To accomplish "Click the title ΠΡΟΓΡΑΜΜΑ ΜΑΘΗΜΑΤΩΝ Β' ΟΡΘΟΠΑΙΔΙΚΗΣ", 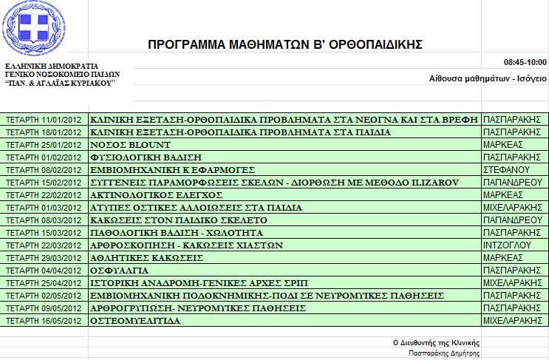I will tap(285, 45).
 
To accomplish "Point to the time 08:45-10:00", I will tap(525, 61).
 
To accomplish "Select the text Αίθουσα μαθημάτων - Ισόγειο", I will tap(488, 78).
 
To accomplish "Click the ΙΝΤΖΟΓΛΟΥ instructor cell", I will tap(507, 245).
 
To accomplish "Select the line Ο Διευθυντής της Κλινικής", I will tap(437, 343).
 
